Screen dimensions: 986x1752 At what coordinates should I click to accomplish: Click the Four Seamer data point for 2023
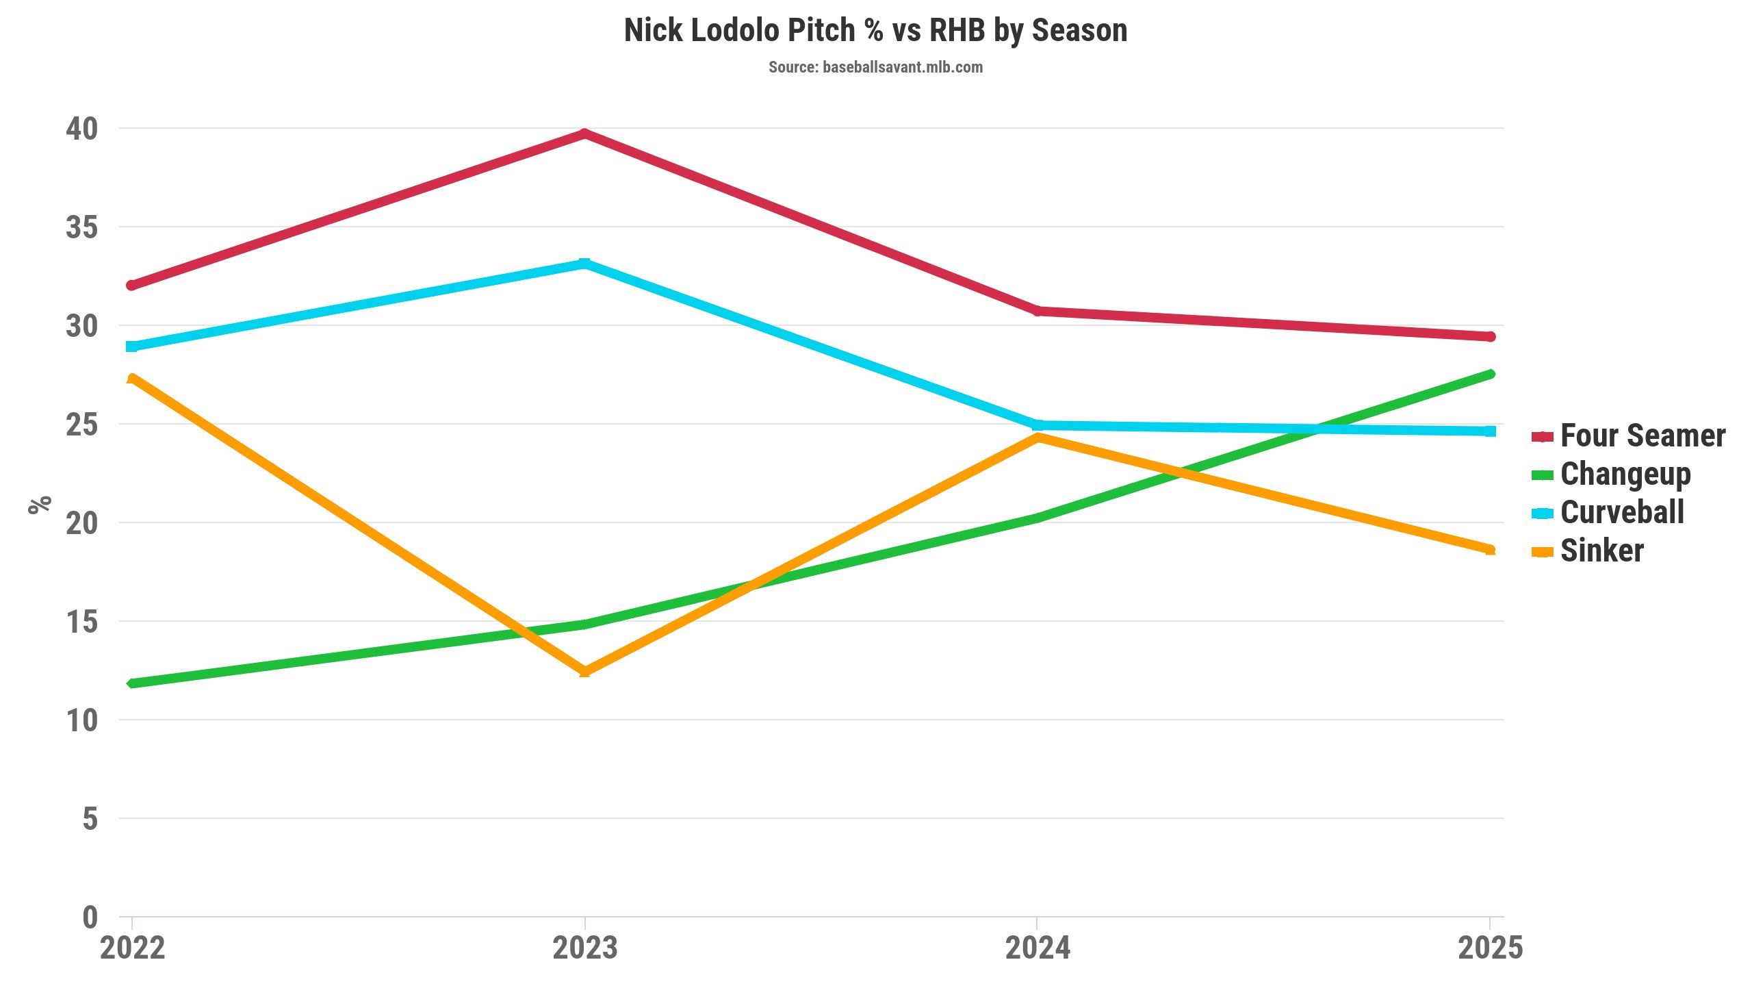[x=584, y=134]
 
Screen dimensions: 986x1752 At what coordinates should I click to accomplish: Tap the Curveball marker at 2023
[x=584, y=264]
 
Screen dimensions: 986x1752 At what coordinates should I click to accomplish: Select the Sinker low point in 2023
[x=584, y=672]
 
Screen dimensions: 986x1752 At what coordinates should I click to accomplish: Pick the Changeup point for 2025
[x=1490, y=374]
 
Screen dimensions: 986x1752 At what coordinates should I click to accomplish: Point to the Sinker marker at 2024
[x=1038, y=438]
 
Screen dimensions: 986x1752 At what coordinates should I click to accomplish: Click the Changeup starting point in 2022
[x=132, y=683]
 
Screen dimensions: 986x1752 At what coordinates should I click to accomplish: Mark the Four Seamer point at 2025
[x=1490, y=336]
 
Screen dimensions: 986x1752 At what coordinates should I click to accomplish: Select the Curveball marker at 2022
[x=132, y=346]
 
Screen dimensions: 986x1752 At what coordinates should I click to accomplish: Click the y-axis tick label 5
[x=90, y=819]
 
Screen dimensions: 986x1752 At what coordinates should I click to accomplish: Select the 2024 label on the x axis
[x=1038, y=948]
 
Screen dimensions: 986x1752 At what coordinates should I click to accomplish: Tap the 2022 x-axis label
[x=132, y=948]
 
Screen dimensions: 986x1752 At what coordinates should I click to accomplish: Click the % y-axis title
[x=40, y=504]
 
